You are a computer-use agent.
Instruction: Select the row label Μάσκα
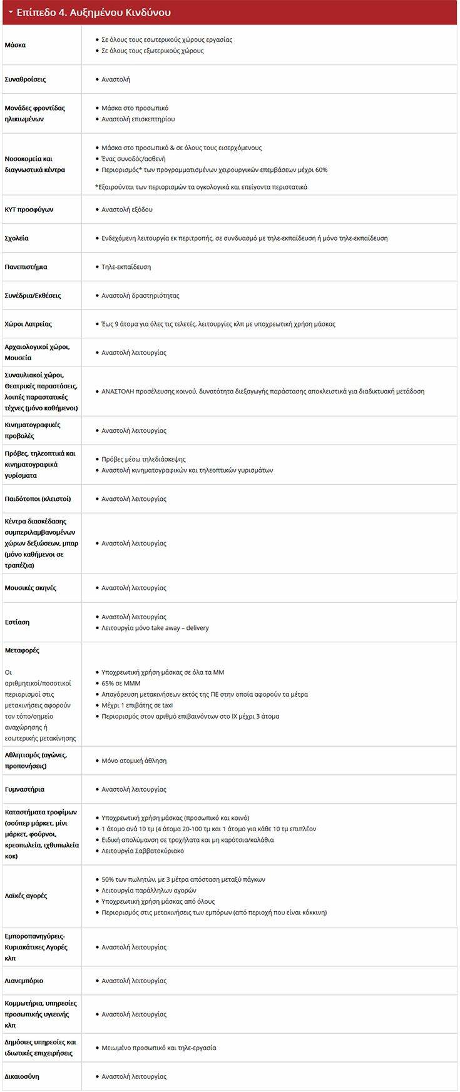tap(15, 45)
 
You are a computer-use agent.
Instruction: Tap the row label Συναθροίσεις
tap(25, 79)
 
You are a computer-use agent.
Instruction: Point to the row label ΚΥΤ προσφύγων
tap(29, 210)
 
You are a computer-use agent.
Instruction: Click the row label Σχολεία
tap(16, 238)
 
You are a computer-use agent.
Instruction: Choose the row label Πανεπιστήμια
tap(26, 267)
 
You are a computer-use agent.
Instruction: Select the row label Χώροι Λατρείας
tap(28, 324)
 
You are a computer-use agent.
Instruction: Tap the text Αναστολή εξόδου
tap(126, 210)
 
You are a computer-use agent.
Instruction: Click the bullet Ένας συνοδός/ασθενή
tap(133, 159)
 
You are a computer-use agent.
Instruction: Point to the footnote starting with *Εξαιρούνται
tap(201, 187)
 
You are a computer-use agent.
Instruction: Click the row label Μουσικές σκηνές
tap(30, 588)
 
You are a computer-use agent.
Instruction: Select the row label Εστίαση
tap(17, 622)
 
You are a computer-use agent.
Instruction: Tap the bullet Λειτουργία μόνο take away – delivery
tap(155, 628)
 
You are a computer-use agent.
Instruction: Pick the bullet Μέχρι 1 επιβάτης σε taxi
tap(137, 705)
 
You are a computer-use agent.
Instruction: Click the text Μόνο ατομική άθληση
tap(134, 761)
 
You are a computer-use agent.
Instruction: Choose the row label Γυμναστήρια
tap(24, 789)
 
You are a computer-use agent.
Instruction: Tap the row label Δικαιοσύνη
tap(22, 1076)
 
